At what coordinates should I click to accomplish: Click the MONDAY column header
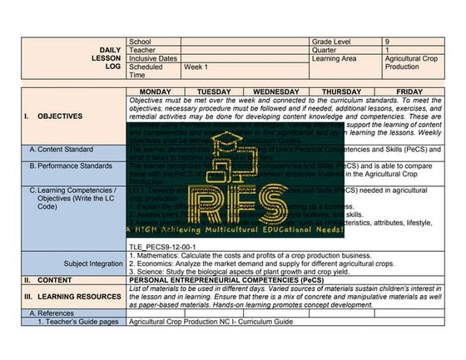coord(156,91)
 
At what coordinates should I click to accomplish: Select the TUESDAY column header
coord(214,91)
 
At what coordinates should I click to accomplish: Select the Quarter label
coord(325,50)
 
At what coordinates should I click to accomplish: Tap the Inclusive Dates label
coord(153,58)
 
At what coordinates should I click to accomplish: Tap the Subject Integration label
coord(93,264)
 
